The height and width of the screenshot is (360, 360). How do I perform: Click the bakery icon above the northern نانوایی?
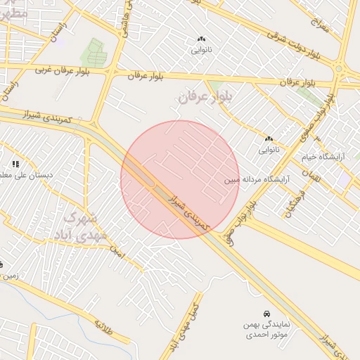click(x=201, y=39)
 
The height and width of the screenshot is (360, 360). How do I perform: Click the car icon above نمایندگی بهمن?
click(x=266, y=313)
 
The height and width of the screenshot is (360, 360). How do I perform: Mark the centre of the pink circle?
click(x=180, y=179)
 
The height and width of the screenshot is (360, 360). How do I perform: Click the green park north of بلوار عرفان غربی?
click(x=93, y=52)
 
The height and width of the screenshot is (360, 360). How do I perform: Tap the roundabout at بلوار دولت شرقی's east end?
click(x=340, y=68)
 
